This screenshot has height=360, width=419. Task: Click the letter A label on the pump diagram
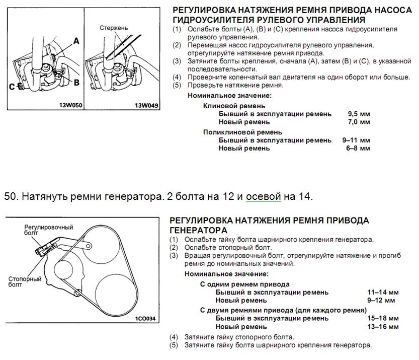click(76, 42)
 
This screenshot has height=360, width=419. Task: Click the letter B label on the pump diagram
click(76, 82)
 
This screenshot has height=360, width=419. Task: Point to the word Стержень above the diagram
click(114, 28)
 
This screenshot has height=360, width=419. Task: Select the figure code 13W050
click(69, 106)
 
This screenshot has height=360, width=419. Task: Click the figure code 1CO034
click(146, 319)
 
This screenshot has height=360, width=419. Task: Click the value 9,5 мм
click(359, 114)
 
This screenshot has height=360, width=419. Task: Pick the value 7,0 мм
click(359, 122)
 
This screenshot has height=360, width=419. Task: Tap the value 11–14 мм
click(383, 292)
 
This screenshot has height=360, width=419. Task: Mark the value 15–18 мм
click(383, 318)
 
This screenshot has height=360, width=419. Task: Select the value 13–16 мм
click(383, 326)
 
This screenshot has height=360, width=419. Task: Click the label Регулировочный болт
click(49, 231)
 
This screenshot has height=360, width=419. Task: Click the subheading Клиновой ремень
click(234, 106)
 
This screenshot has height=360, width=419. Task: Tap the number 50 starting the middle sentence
click(10, 196)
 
